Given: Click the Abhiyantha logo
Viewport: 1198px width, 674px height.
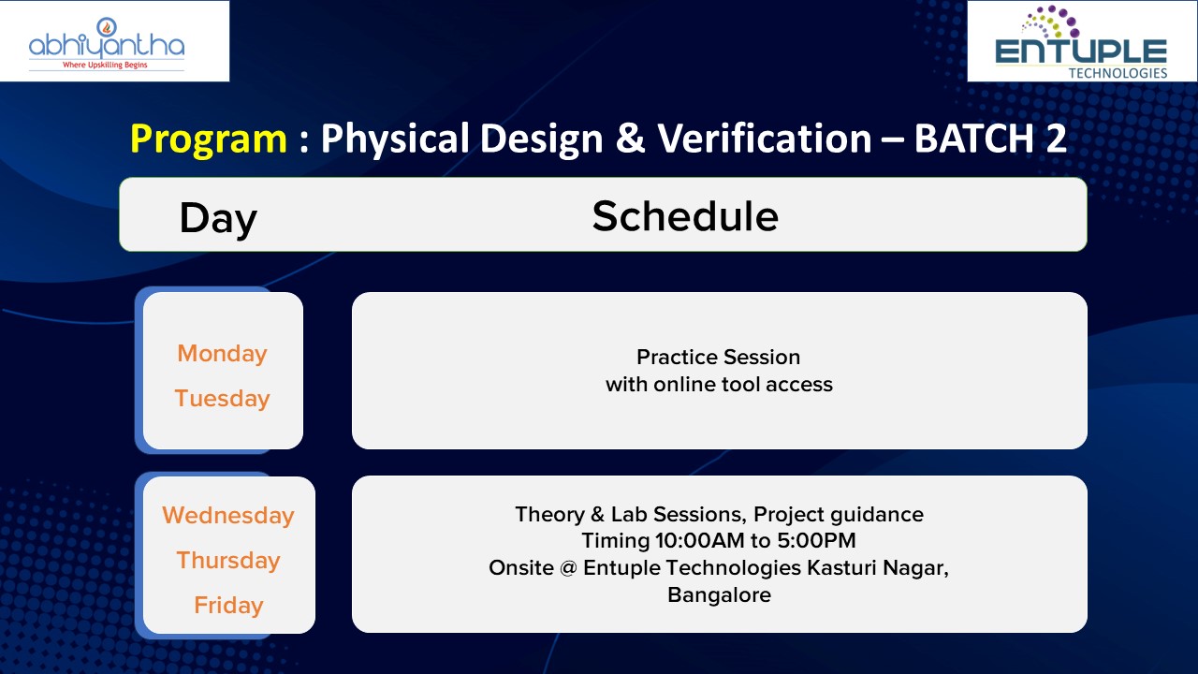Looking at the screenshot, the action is [x=107, y=43].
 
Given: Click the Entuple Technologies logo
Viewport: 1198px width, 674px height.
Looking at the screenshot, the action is [x=1081, y=43].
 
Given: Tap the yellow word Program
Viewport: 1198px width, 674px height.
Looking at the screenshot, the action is [x=209, y=139].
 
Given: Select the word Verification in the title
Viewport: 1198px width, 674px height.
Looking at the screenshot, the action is [x=765, y=138].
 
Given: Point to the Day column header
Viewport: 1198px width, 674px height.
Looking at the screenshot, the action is [x=218, y=218].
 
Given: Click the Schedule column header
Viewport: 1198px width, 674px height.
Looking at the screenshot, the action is [x=685, y=216].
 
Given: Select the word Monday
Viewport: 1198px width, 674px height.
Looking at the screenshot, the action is [x=222, y=354].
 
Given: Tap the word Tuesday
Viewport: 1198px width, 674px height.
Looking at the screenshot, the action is [x=222, y=399].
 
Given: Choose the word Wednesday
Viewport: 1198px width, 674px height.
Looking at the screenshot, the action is [x=228, y=516].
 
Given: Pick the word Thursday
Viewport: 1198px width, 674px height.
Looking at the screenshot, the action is [x=228, y=561].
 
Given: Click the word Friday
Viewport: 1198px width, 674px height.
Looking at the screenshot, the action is [x=228, y=606].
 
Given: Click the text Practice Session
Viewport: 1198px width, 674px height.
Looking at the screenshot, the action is [x=718, y=357].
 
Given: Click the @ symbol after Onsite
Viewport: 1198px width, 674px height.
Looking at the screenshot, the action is [x=568, y=567].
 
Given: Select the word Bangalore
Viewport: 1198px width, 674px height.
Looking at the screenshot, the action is [x=720, y=595].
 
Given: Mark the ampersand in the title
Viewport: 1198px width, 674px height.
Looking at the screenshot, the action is [x=630, y=139].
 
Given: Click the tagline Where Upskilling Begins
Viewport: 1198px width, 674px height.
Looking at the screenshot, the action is [x=105, y=66].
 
